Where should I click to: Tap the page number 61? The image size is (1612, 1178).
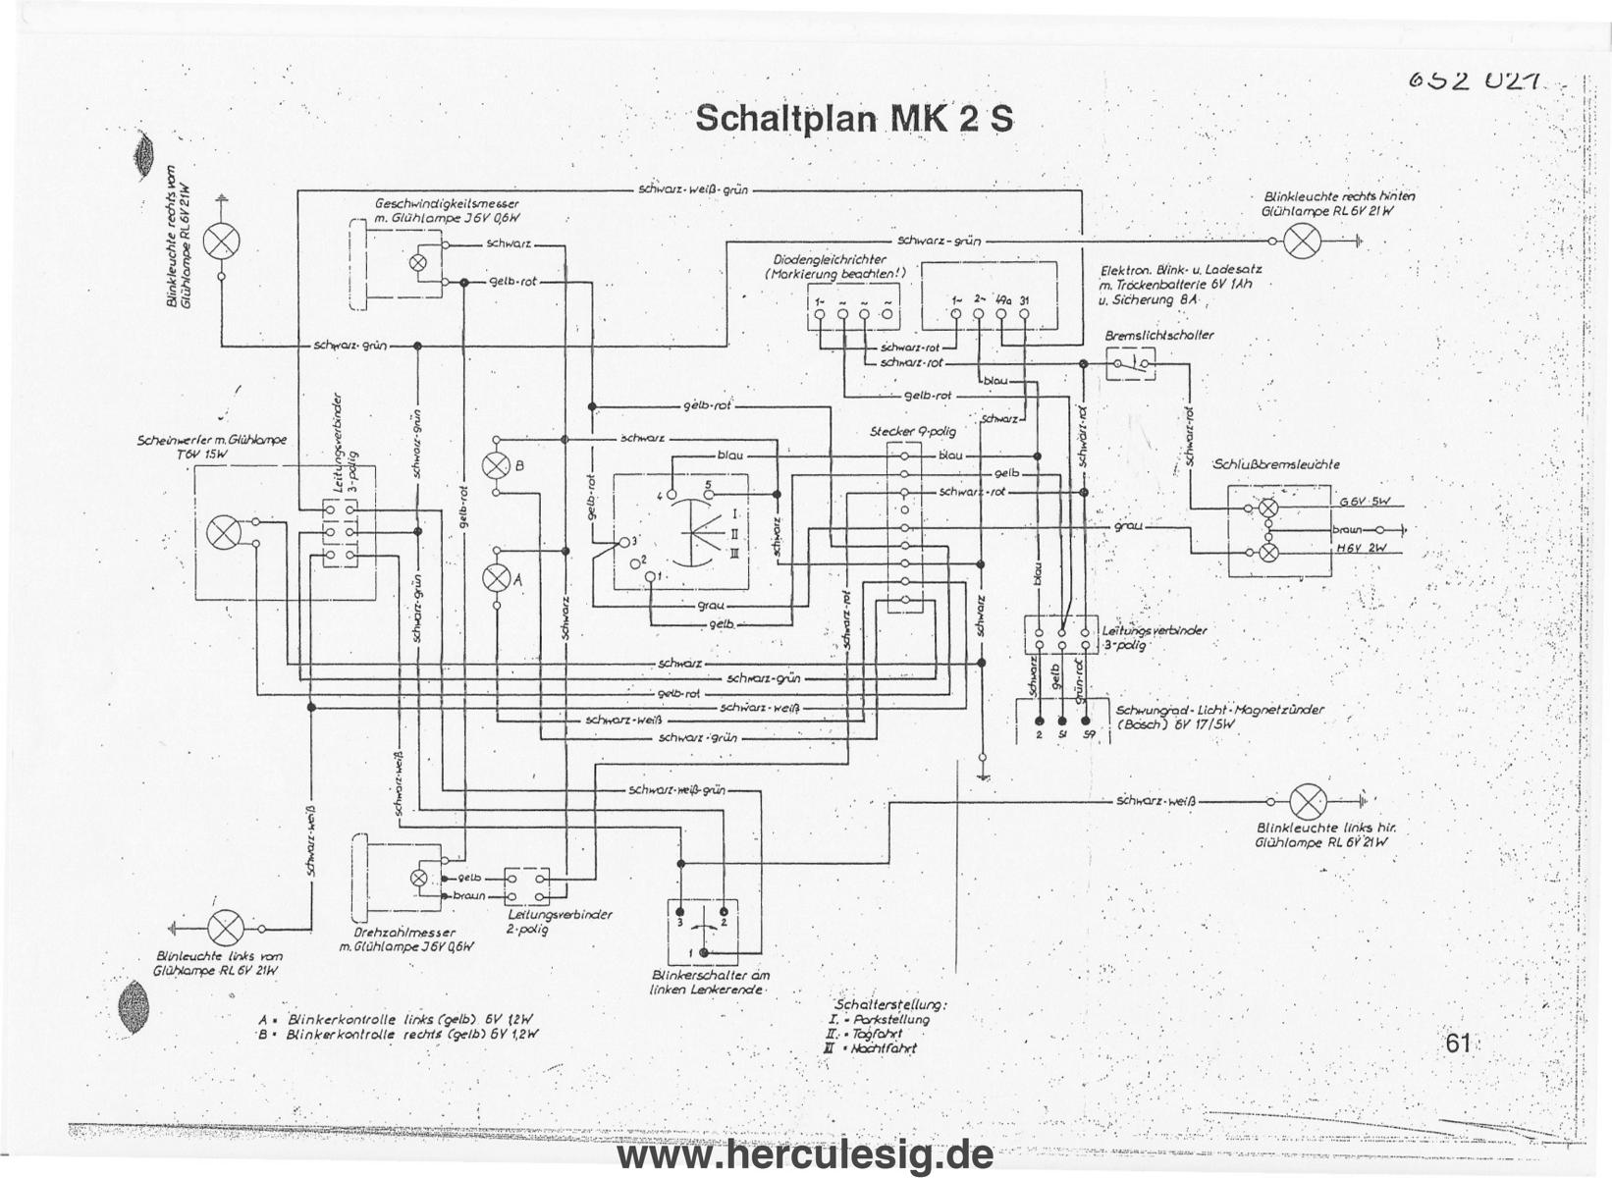coord(1459,1043)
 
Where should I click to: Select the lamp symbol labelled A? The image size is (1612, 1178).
coord(497,579)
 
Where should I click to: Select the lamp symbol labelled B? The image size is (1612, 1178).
coord(497,465)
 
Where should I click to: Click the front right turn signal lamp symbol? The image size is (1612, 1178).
coord(221,241)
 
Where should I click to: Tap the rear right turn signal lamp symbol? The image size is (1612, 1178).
coord(1302,241)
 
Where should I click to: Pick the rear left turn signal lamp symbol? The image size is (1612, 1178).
coord(1307,802)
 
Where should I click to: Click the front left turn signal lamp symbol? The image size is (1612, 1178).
coord(226,927)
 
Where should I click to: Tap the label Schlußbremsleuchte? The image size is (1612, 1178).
coord(1276,464)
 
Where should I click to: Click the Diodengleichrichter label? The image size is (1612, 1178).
coord(830,260)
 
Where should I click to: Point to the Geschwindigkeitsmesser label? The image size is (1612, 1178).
coord(447,204)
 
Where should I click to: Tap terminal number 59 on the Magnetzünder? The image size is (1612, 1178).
coord(1088,734)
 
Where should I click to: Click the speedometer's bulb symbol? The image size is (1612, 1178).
coord(418,262)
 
